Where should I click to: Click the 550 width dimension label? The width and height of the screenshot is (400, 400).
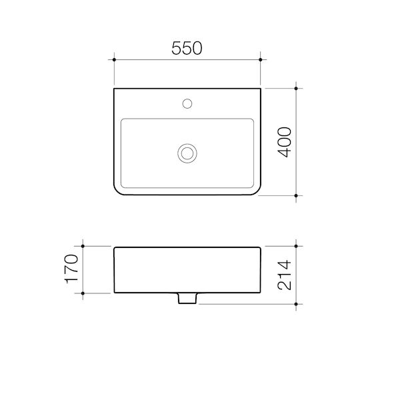(x=187, y=48)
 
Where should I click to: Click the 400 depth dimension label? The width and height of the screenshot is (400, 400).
(x=285, y=141)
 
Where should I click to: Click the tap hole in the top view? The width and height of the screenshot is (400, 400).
(x=188, y=103)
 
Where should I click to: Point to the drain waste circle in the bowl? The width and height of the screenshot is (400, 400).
(x=188, y=153)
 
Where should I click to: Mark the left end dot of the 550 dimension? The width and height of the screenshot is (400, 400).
(x=115, y=60)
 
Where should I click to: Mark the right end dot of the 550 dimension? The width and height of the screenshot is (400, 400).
(x=261, y=60)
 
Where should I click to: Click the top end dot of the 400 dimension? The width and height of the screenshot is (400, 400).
(x=297, y=87)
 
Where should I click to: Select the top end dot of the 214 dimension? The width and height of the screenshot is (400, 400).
(x=297, y=246)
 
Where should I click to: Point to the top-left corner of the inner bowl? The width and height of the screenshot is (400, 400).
(x=122, y=120)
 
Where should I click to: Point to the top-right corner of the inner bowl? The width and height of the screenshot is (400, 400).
(x=254, y=120)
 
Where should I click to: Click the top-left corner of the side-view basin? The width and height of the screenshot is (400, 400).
(x=115, y=247)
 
